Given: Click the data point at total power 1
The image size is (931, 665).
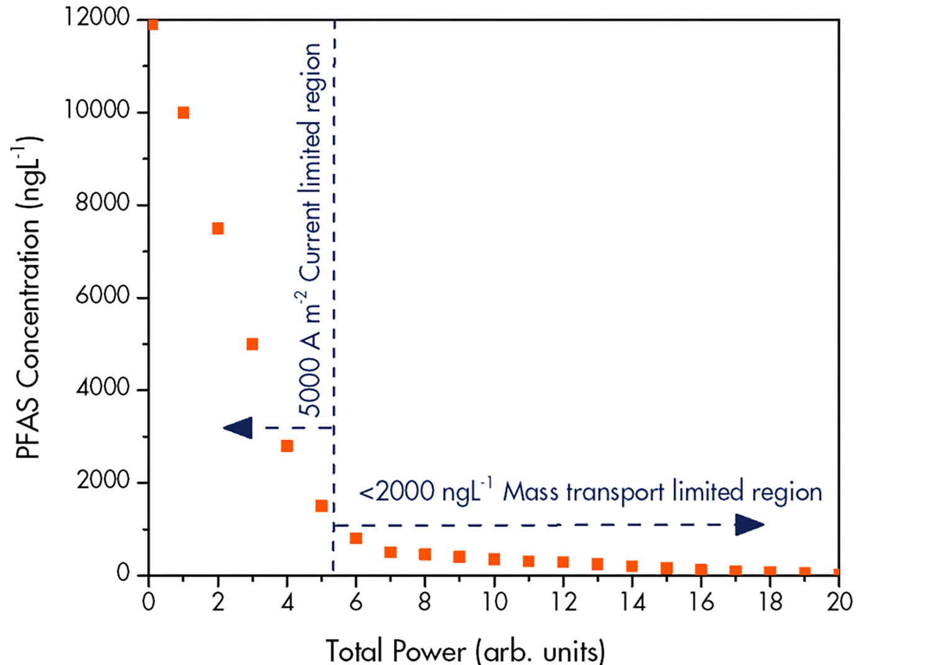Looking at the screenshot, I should (183, 112).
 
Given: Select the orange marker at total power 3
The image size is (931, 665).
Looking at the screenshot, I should (252, 344).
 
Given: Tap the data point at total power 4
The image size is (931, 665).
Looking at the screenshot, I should (287, 446).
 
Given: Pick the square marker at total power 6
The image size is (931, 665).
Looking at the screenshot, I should (356, 538).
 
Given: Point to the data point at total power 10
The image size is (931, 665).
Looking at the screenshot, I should (494, 559).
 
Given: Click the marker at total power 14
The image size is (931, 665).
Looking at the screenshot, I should (632, 566).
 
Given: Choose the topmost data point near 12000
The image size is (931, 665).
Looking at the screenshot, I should (153, 25).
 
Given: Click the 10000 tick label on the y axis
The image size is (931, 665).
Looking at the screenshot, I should (97, 111).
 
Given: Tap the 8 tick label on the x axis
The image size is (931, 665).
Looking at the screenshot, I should (425, 602).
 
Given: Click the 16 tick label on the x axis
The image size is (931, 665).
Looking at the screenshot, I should (701, 602).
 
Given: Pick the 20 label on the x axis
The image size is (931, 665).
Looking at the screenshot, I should (839, 602).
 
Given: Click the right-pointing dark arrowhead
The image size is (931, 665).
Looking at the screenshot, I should (749, 525).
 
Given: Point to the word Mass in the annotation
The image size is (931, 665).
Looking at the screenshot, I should (529, 492).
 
